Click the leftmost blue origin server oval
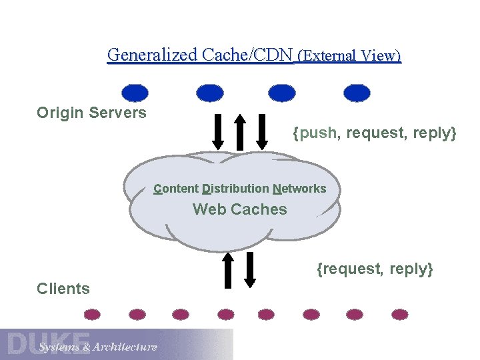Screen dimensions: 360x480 [136, 93]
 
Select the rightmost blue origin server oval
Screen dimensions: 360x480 [357, 93]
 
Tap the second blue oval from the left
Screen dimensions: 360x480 [210, 93]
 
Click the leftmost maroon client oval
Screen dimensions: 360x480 [93, 314]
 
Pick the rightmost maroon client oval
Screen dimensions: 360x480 [400, 314]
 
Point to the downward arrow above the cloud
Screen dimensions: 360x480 [218, 133]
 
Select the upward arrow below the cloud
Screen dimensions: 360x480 [227, 269]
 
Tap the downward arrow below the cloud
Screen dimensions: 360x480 [250, 269]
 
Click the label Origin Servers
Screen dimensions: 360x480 [91, 113]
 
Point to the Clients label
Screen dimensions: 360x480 [63, 289]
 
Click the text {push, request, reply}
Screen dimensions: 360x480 [375, 133]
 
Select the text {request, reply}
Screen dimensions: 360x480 [375, 269]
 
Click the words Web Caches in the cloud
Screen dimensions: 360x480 [240, 209]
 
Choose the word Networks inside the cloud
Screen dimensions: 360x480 [299, 189]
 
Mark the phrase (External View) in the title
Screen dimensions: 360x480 [349, 55]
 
